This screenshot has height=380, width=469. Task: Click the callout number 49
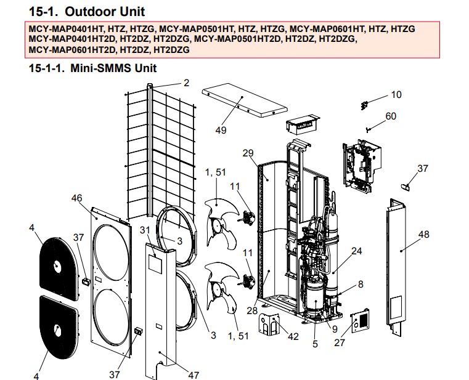(x=221, y=131)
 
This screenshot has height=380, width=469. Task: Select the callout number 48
(x=423, y=235)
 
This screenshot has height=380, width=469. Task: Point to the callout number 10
(x=396, y=94)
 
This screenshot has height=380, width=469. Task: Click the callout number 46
(x=77, y=198)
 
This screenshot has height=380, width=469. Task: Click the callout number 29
(x=249, y=153)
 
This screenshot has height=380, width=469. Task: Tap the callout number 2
(x=186, y=82)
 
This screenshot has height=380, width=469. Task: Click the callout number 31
(x=145, y=230)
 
